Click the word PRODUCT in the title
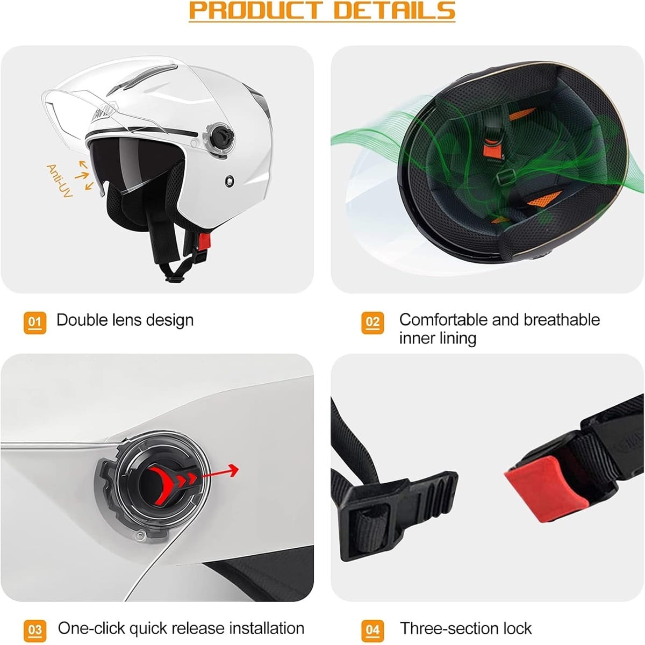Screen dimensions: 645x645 coord(256,11)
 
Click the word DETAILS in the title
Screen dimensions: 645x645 coord(395,11)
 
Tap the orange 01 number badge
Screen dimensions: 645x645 coord(35,322)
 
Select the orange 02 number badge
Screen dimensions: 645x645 coord(372,322)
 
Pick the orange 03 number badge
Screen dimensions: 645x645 coord(35,631)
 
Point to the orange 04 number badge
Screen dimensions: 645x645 coord(372,631)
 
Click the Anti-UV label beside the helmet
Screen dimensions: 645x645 coord(59,181)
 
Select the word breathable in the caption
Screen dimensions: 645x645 coord(562,320)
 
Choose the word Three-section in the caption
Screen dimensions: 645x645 coord(448,628)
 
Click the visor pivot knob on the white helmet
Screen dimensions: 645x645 coord(221,137)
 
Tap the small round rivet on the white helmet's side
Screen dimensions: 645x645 coord(230,181)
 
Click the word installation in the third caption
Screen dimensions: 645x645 coord(267,628)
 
